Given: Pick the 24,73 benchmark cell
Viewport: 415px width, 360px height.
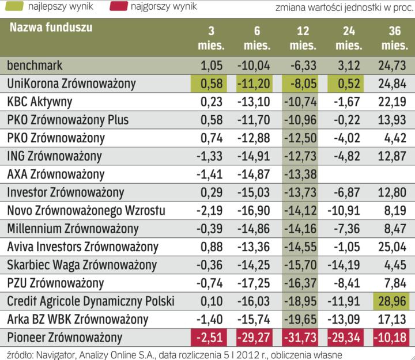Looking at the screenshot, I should pos(391,65).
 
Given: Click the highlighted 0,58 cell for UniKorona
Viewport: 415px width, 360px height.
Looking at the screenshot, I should pos(210,84).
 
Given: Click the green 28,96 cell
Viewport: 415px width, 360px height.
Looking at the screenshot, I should pos(391,300).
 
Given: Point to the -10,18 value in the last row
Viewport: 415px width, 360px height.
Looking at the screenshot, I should pos(391,336).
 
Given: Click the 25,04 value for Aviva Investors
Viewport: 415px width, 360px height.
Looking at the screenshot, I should pos(391,247).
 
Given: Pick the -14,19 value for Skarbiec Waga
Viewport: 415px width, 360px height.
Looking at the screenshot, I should pos(344,264).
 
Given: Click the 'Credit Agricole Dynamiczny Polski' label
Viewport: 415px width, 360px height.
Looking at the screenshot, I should pos(91,301).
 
